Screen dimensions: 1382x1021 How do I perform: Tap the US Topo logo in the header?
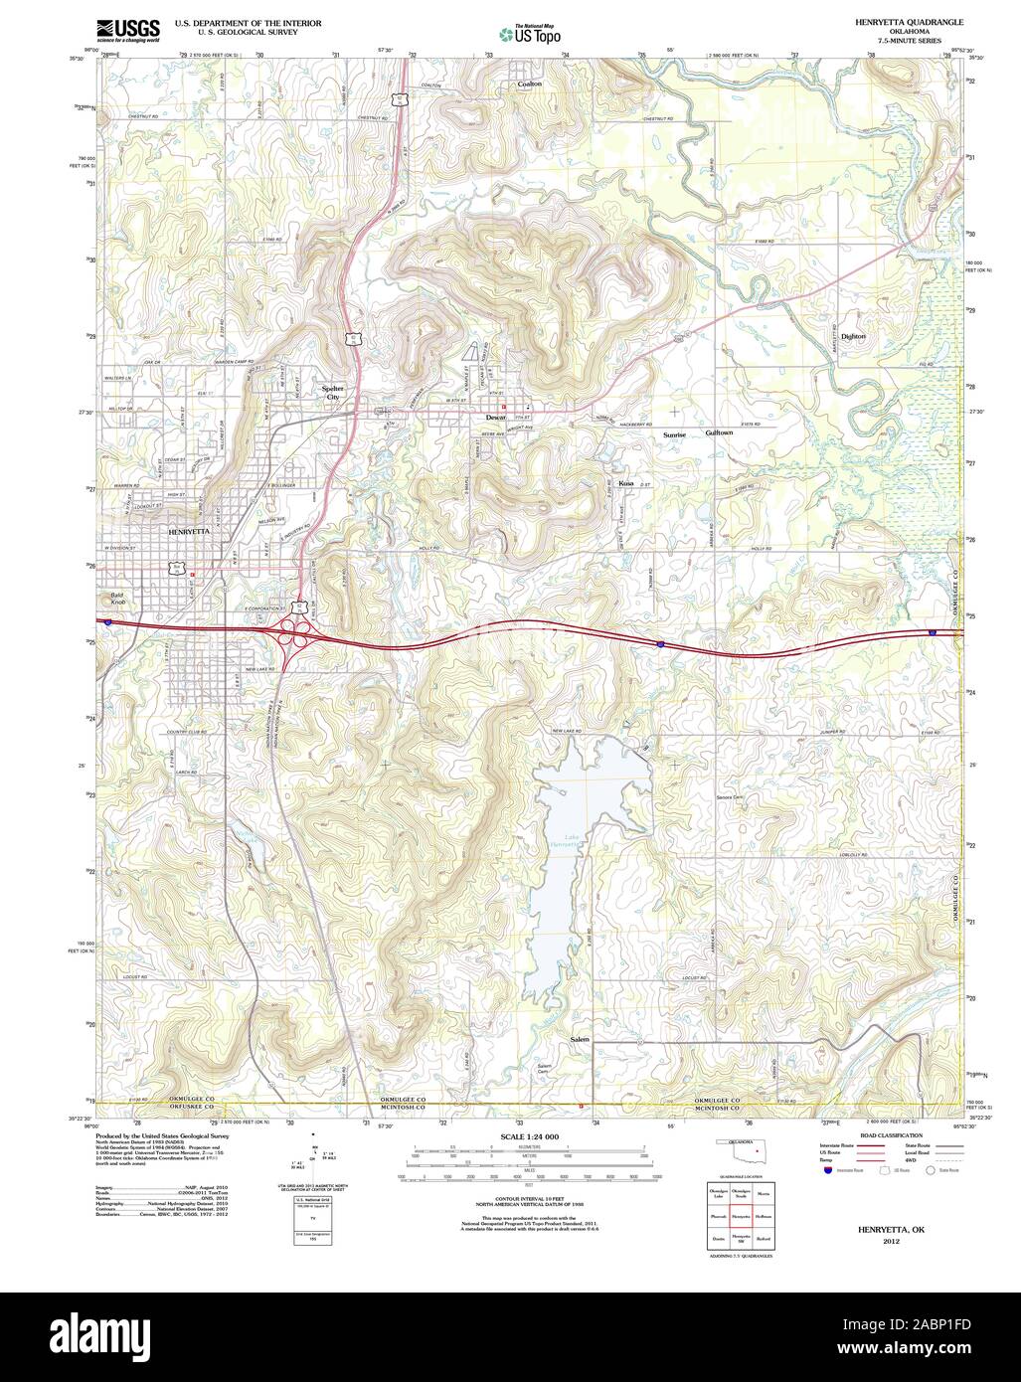530,35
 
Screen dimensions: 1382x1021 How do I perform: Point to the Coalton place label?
529,85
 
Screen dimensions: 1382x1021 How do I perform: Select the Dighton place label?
853,337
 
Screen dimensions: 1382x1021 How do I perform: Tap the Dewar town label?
495,418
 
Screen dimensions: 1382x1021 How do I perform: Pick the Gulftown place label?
719,433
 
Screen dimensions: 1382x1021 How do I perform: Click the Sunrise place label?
675,434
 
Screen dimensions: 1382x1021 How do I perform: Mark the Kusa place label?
626,482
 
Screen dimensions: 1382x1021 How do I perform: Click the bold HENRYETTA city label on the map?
189,532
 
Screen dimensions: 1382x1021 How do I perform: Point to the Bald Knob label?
118,599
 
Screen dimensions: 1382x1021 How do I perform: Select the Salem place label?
580,1039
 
